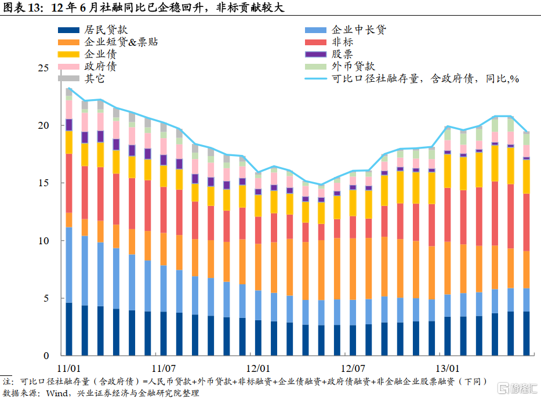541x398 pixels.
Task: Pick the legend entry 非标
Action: [342, 42]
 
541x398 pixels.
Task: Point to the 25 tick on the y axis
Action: [44, 68]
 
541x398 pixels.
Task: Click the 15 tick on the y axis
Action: [44, 183]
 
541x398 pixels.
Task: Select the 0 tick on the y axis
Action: [47, 356]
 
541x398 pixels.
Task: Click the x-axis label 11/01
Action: [68, 368]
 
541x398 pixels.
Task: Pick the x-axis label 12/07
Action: [353, 368]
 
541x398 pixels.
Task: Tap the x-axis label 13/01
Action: [447, 368]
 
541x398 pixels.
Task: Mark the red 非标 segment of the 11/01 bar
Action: [68, 183]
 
